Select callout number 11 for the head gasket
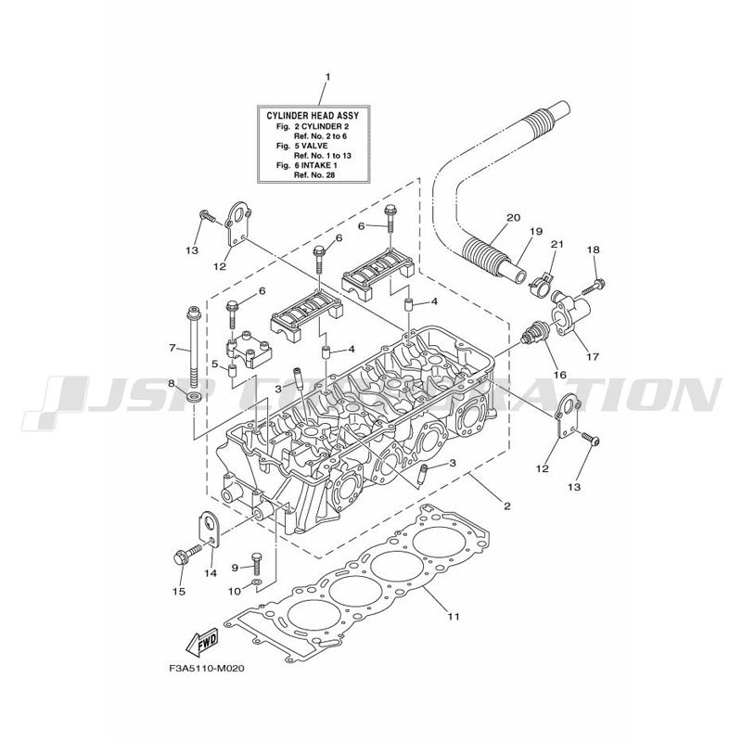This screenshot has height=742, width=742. coord(454,617)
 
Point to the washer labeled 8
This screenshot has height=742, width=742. coord(194,397)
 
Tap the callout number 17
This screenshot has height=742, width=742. coord(592,357)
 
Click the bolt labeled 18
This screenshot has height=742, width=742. coord(594,287)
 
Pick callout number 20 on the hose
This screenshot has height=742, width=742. coord(513,218)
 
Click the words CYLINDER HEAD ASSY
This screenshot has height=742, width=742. coord(313,115)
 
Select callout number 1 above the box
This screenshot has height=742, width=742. coord(327,77)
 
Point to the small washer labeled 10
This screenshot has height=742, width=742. coord(256,582)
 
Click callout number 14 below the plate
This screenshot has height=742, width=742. coord(211,573)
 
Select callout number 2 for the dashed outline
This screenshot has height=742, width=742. coord(507,506)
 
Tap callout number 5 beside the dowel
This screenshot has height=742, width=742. coord(215,364)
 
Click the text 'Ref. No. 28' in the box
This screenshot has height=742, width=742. coord(315,174)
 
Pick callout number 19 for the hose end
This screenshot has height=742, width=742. coord(536,231)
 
